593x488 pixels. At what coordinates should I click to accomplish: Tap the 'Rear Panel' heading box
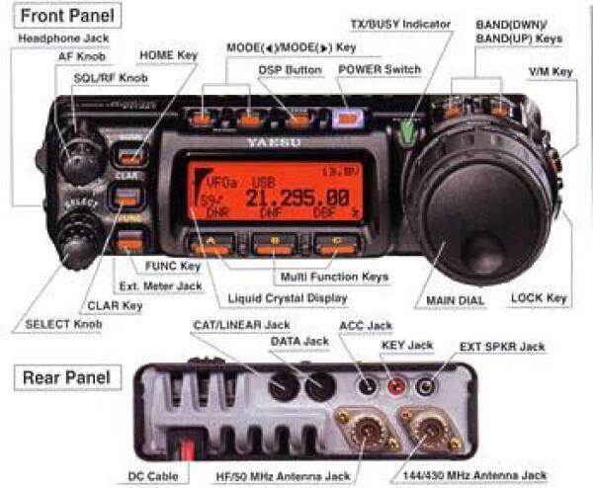pyautogui.click(x=62, y=376)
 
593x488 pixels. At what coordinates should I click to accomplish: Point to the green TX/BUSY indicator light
pyautogui.click(x=406, y=129)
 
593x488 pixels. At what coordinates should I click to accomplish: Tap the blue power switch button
pyautogui.click(x=344, y=119)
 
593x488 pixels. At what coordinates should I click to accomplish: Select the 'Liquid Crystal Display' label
pyautogui.click(x=288, y=297)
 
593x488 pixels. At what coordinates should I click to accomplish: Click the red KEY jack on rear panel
pyautogui.click(x=396, y=385)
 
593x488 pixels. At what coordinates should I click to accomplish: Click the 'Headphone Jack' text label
pyautogui.click(x=61, y=38)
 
